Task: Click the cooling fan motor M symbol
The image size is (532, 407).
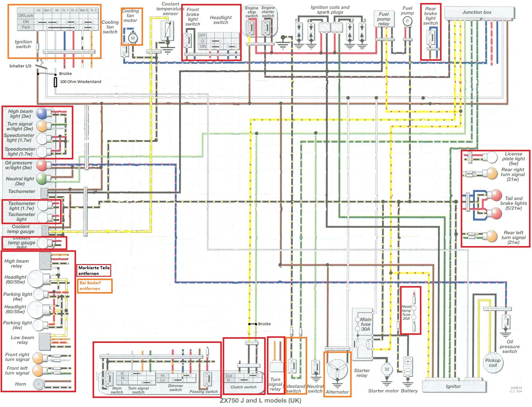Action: point(133,38)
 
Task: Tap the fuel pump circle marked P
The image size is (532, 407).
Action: point(407,21)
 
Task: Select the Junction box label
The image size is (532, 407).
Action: point(477,12)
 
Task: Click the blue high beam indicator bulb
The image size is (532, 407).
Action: point(41,113)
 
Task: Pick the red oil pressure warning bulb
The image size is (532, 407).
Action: point(41,165)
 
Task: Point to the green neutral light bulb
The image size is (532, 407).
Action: point(41,179)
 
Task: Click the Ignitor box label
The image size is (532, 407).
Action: point(453,387)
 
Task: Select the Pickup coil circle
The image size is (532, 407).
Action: point(493,363)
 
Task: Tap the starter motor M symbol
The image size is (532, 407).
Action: point(387,369)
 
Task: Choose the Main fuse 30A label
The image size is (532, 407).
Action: point(365,324)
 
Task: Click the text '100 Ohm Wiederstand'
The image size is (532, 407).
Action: point(81,82)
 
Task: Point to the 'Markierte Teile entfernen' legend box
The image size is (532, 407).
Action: point(94,270)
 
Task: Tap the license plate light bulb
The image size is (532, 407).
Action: point(491,157)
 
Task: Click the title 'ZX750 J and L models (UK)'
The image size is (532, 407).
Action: point(260,400)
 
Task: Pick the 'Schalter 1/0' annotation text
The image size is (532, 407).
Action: point(20,66)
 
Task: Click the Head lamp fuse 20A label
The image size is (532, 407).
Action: point(406,313)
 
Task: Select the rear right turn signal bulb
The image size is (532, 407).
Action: point(491,173)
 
